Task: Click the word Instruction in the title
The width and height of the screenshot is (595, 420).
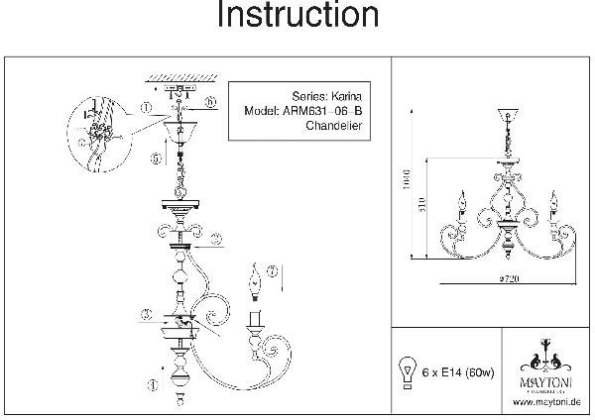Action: (x=297, y=17)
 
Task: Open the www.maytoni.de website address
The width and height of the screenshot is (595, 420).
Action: (x=546, y=402)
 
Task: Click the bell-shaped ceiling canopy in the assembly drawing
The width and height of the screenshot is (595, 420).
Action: (x=184, y=131)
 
